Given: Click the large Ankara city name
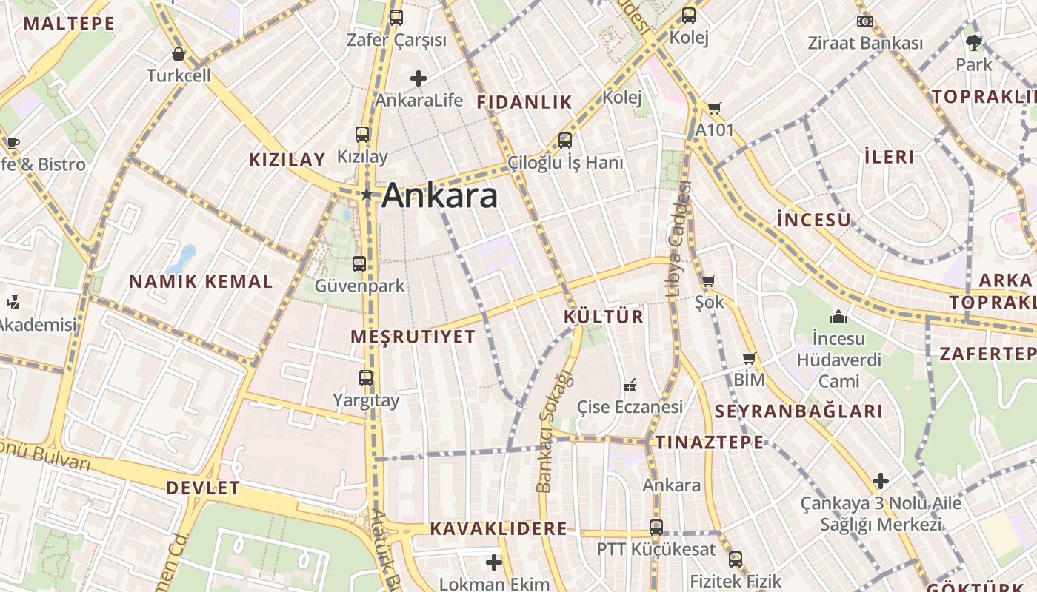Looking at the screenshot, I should [x=440, y=196].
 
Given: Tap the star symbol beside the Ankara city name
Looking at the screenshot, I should [x=366, y=195].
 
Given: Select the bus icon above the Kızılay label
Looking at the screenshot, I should [x=362, y=135].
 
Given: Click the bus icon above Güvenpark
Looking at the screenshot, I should [x=359, y=263].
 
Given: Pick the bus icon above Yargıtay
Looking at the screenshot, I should [x=366, y=378].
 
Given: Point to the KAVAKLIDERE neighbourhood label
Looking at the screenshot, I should [x=499, y=529].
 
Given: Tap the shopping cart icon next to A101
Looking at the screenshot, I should [x=714, y=109].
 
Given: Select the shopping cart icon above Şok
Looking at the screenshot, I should [x=708, y=280].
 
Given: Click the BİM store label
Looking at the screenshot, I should [x=750, y=380].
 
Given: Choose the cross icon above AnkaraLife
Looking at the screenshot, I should [x=419, y=78].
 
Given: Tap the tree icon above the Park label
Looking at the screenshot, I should [x=974, y=42].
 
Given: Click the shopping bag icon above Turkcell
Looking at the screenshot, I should [x=179, y=53].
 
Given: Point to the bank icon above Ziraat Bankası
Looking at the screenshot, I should [x=864, y=21].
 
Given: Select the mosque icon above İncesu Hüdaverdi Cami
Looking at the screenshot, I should [x=838, y=317].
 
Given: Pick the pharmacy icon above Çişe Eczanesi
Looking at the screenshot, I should [x=630, y=385].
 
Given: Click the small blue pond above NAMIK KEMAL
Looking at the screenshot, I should [x=182, y=259].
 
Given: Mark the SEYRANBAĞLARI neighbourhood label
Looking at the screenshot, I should [x=798, y=412].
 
